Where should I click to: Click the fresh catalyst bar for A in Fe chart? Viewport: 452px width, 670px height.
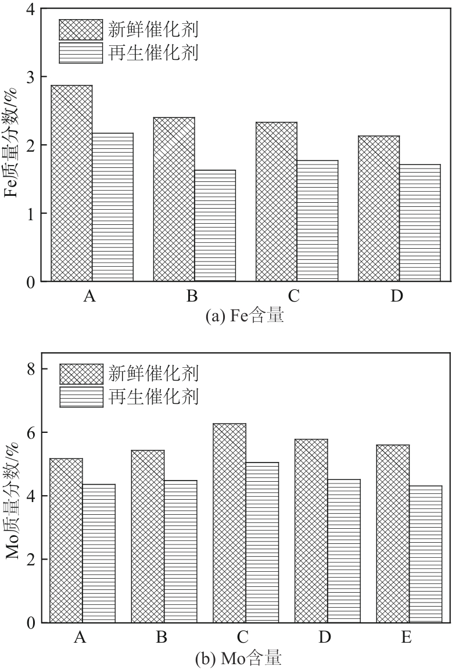(71, 183)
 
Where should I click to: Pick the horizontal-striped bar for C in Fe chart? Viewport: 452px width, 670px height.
(317, 221)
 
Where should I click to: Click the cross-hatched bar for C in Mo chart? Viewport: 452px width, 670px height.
(229, 523)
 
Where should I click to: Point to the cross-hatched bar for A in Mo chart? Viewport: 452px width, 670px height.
(66, 540)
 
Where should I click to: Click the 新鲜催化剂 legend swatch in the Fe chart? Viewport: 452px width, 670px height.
(81, 28)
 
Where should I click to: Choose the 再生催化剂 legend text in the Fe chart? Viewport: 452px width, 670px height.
(153, 53)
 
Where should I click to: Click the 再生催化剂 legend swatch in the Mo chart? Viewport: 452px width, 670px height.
(81, 397)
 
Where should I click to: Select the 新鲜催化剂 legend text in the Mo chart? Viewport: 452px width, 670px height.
(153, 372)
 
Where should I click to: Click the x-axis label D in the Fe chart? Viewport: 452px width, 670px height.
(397, 296)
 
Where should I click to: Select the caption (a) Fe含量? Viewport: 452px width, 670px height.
(245, 316)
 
